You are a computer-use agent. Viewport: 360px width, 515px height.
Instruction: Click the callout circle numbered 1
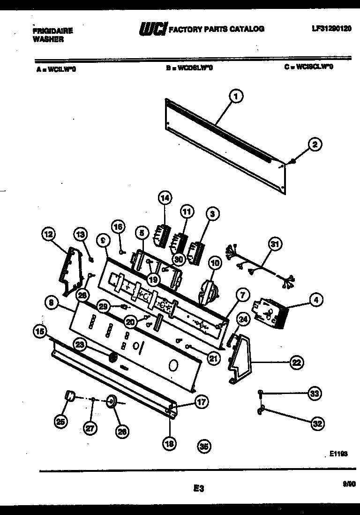[236, 97]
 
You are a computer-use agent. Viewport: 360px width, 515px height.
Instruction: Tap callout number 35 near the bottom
[203, 447]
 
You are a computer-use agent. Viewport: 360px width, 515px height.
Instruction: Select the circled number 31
[275, 243]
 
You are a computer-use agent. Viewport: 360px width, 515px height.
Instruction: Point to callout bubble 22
[296, 362]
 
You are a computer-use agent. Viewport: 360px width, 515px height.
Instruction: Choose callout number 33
[315, 394]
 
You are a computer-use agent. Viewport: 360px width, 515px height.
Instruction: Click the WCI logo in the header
[152, 29]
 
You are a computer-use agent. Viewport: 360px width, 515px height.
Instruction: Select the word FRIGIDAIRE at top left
[52, 31]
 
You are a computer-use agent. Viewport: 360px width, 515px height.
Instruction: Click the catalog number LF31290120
[331, 28]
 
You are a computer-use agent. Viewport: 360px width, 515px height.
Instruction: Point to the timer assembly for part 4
[269, 312]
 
